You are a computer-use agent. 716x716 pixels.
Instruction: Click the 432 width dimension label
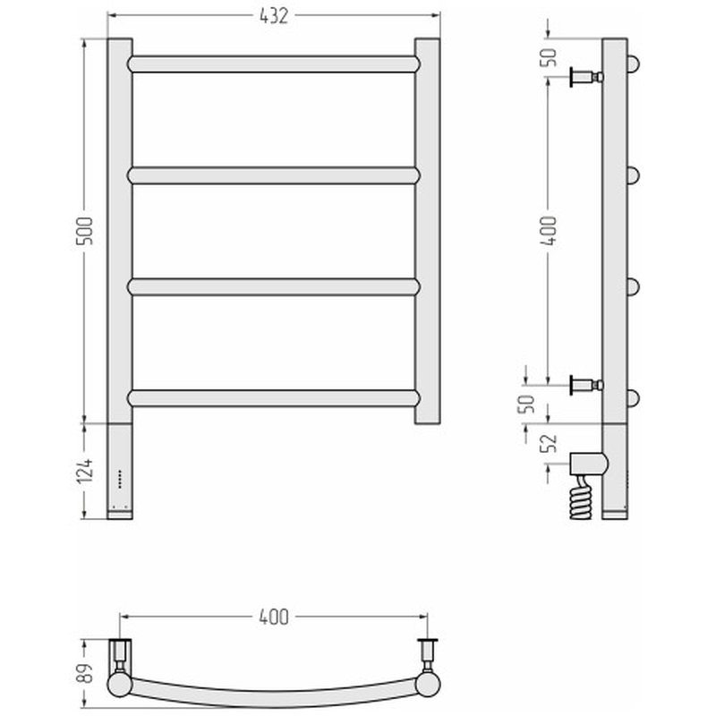coord(274,16)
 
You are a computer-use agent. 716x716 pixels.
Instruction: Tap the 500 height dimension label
coord(84,231)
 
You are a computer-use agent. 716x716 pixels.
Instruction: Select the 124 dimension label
coord(84,470)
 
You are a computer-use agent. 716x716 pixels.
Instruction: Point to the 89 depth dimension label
coord(84,672)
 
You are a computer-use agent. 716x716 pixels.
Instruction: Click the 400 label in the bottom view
coord(274,617)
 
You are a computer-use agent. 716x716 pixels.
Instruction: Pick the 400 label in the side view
coord(549,231)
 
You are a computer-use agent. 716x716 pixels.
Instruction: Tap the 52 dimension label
coord(549,442)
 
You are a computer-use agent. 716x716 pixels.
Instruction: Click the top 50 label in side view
coord(549,57)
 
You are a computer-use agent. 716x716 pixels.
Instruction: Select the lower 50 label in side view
coord(526,404)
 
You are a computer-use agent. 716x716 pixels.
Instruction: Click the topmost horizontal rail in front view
coord(274,64)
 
